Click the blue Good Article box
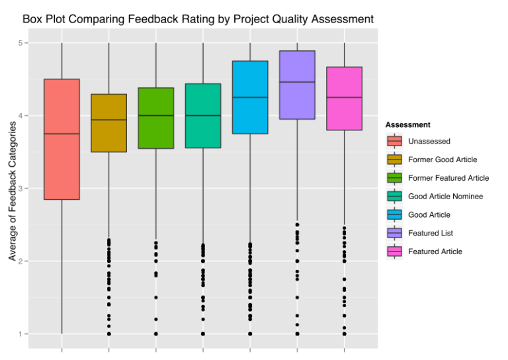(x=250, y=79)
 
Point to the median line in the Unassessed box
(x=62, y=134)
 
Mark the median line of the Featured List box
(x=297, y=82)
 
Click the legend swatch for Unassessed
(x=394, y=141)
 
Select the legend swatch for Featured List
(x=394, y=233)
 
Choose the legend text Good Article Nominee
(x=445, y=197)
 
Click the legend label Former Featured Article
(x=448, y=178)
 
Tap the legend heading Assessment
(x=407, y=124)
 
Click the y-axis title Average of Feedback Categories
(x=12, y=192)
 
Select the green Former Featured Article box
(x=156, y=118)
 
